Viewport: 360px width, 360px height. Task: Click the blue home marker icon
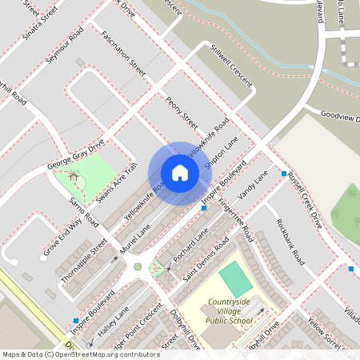179,172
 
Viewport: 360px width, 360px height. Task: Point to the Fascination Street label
124,54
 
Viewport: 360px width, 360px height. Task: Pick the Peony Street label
182,111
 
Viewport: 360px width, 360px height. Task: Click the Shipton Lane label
222,150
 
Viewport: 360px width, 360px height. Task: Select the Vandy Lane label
254,186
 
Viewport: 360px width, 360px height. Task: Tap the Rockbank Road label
290,241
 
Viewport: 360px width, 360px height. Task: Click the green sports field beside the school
234,278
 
